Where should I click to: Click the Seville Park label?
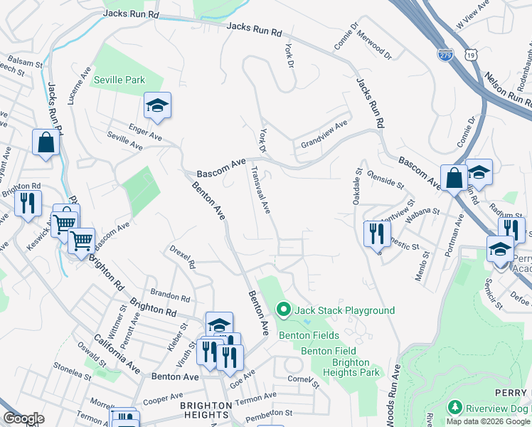[119, 80]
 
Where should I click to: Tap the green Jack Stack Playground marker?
[283, 310]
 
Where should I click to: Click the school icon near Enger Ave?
[157, 107]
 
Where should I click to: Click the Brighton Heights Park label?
[351, 367]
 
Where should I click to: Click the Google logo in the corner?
[23, 418]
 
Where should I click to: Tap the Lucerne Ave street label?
[79, 87]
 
